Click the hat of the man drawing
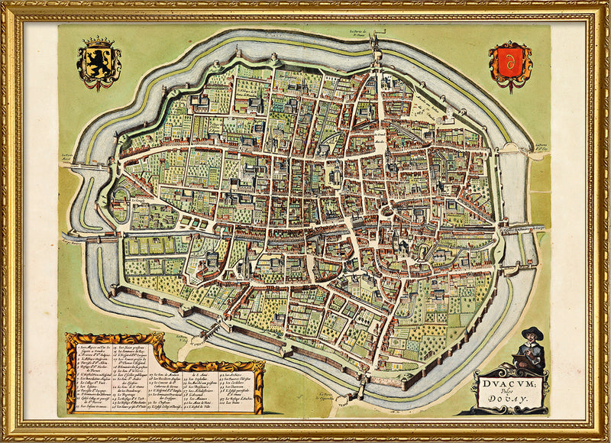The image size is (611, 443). click(532, 332)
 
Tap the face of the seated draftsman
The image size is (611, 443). click(532, 340)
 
